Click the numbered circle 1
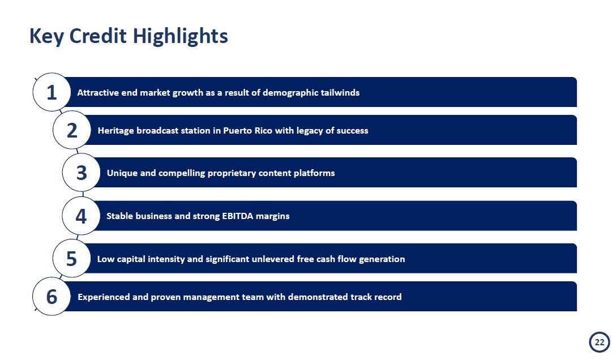pos(52,92)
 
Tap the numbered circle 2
pos(72,130)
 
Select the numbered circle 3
pos(82,173)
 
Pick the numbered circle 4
pos(81,216)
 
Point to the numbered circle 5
pos(72,258)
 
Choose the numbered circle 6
pos(52,297)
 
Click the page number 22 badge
pos(599,342)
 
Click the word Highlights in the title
pos(181,37)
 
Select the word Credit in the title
pos(98,36)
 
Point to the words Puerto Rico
pos(248,131)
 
